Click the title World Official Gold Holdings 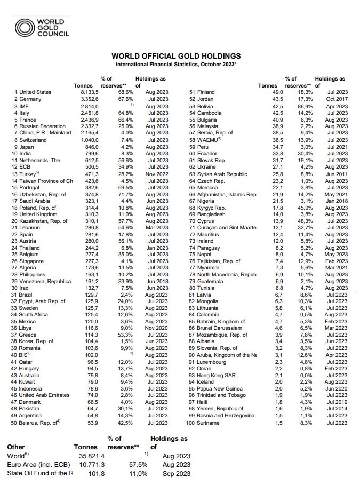pyautogui.click(x=176, y=56)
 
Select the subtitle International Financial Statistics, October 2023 pyautogui.click(x=176, y=64)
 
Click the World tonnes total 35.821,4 pyautogui.click(x=91, y=457)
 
